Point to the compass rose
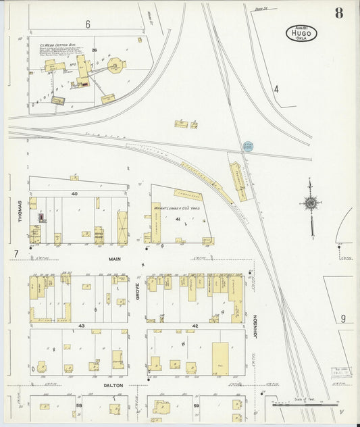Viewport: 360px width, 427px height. click(310, 203)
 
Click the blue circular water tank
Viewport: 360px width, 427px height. click(248, 146)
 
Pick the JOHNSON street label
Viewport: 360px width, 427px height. click(255, 326)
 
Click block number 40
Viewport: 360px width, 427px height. click(76, 194)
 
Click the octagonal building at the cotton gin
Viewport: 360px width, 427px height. click(116, 66)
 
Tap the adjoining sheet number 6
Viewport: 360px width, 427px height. click(88, 24)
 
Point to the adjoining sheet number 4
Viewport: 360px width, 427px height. click(276, 89)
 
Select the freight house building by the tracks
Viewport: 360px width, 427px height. click(239, 181)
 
